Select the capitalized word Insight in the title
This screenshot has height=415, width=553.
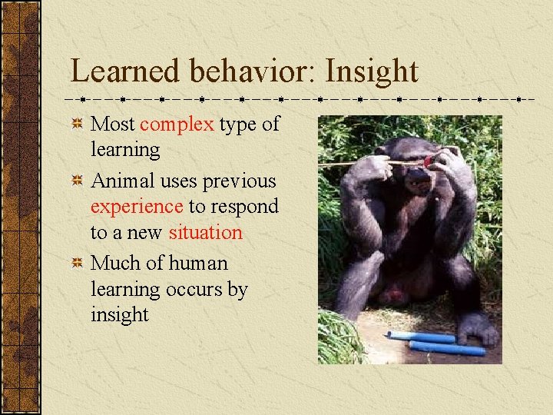(x=372, y=71)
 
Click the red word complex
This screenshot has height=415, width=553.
(x=177, y=124)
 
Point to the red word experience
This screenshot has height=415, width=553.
(x=137, y=207)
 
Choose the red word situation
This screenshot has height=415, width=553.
(x=205, y=232)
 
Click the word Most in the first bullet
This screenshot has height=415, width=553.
(x=113, y=124)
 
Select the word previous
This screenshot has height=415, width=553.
(x=240, y=181)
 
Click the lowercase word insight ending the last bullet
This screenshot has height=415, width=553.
(x=119, y=314)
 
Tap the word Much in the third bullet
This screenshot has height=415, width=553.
(x=115, y=263)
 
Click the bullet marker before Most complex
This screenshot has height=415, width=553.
(x=77, y=124)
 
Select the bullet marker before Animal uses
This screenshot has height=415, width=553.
(x=77, y=181)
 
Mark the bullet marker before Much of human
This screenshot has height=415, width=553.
(x=77, y=264)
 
